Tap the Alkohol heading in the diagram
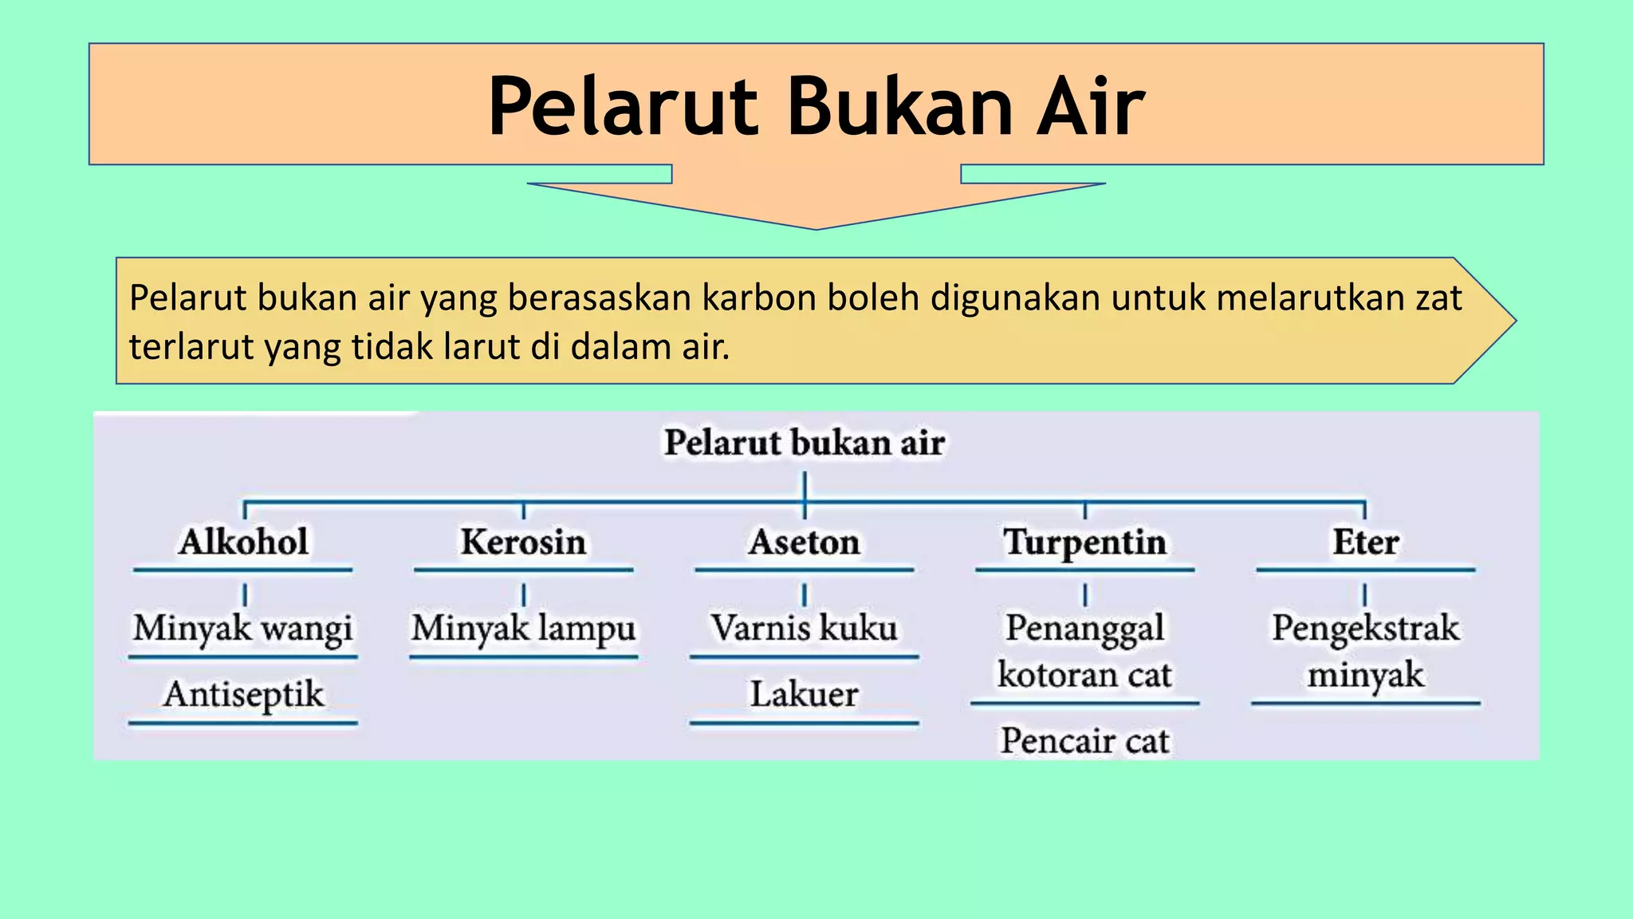coord(243,542)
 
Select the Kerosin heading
coord(523,542)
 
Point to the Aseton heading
coord(804,542)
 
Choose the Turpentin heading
coord(1084,542)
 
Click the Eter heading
coord(1365,542)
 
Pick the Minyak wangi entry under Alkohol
coord(242,629)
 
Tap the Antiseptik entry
coord(243,694)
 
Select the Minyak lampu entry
coord(523,629)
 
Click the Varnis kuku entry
coord(804,628)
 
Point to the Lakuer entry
coord(804,694)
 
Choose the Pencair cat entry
coord(1084,741)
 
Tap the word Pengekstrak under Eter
coord(1365,629)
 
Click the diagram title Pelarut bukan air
coord(804,443)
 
